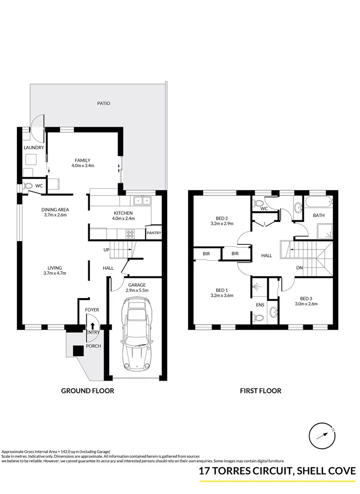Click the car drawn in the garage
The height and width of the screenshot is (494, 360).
pos(136,334)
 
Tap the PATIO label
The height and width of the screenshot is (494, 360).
pos(104,103)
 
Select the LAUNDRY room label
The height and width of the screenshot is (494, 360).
pos(34,147)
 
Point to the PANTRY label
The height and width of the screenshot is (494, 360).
pos(154,233)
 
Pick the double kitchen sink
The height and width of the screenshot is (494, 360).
pos(142,201)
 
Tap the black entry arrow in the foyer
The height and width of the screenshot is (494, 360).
pos(92,325)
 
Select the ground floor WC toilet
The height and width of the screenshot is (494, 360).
pos(28,185)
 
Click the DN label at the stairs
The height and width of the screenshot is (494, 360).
pos(299,268)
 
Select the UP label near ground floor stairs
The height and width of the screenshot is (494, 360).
pos(107,250)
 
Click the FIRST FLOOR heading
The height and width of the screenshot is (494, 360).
pos(261,391)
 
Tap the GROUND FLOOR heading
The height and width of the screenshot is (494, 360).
pos(87,391)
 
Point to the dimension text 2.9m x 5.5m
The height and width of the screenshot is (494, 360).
pos(136,290)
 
